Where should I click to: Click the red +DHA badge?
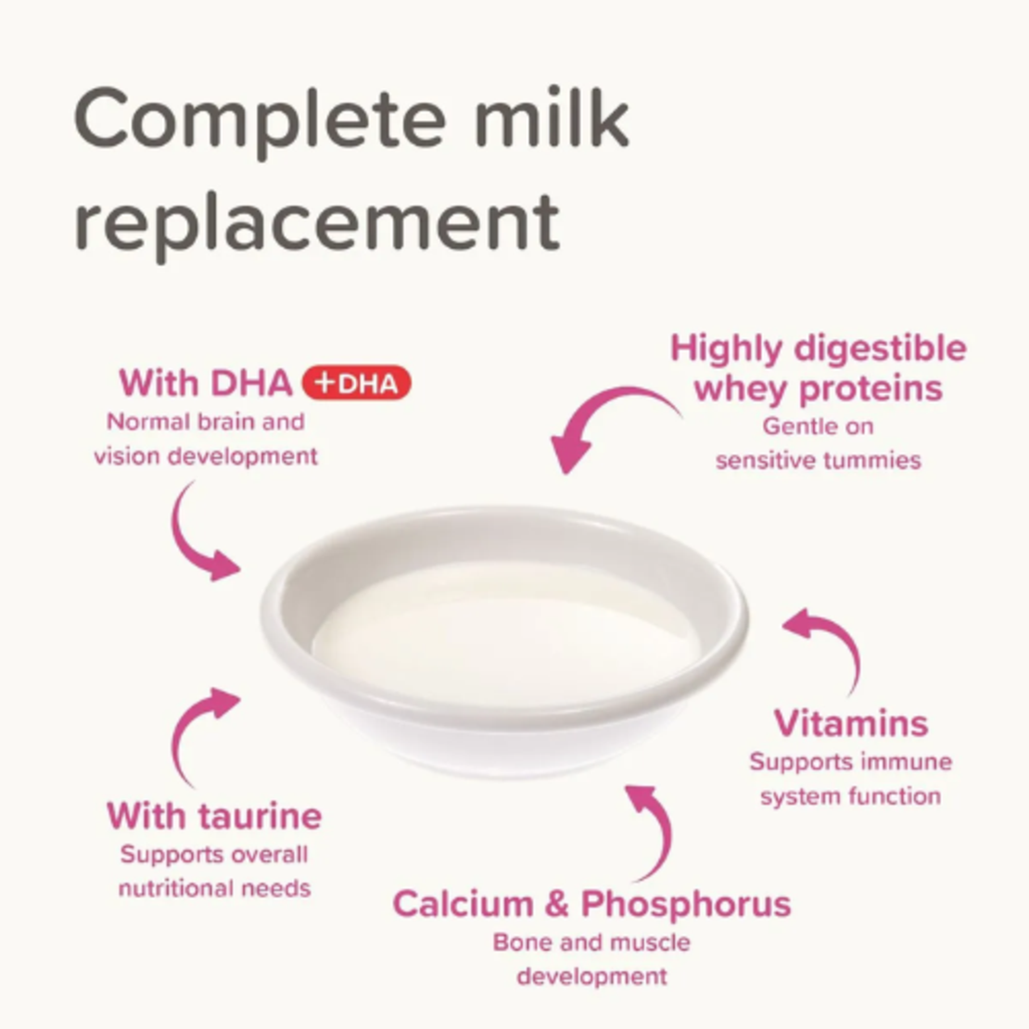(356, 383)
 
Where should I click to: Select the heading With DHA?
(206, 382)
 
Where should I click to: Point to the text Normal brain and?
(206, 422)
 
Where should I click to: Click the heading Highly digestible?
(819, 349)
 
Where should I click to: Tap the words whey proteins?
(819, 389)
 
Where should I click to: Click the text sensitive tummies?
(819, 460)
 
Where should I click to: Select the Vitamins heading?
(851, 723)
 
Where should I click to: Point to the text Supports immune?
(850, 762)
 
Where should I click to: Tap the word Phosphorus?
(686, 905)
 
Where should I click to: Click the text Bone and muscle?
(591, 943)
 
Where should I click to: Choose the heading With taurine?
(214, 816)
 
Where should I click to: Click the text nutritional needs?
(214, 889)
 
